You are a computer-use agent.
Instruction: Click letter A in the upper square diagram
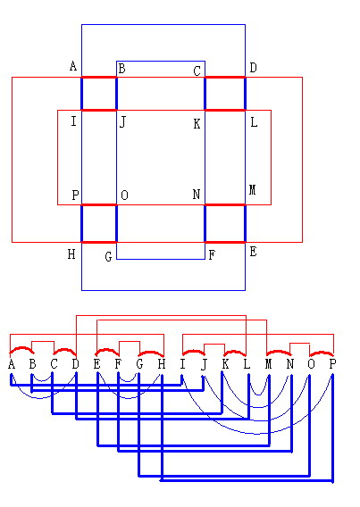tap(73, 66)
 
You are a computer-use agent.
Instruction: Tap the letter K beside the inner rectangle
tap(197, 124)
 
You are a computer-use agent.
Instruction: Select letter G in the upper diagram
tap(109, 257)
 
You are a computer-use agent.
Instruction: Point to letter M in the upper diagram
tap(253, 190)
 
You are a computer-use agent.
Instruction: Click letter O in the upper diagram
tap(124, 195)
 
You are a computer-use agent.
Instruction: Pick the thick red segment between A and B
tap(99, 78)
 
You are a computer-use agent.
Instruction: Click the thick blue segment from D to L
tap(245, 94)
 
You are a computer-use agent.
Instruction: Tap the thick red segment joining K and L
tap(225, 111)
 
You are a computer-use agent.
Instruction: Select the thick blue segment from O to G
tap(116, 223)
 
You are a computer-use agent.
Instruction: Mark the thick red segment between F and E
tap(225, 242)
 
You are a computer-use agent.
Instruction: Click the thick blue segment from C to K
tap(205, 94)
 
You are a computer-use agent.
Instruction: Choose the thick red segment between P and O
tap(99, 204)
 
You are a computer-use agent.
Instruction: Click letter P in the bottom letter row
tap(332, 364)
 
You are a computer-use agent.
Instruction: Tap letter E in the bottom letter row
tap(96, 364)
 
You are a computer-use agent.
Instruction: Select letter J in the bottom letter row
tap(204, 365)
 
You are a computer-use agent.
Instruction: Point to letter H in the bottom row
tap(162, 364)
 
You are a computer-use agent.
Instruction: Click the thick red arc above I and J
tap(194, 351)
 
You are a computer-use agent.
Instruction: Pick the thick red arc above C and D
tap(64, 350)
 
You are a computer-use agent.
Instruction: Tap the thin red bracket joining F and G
tap(130, 342)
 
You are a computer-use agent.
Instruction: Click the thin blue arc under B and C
tap(42, 381)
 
